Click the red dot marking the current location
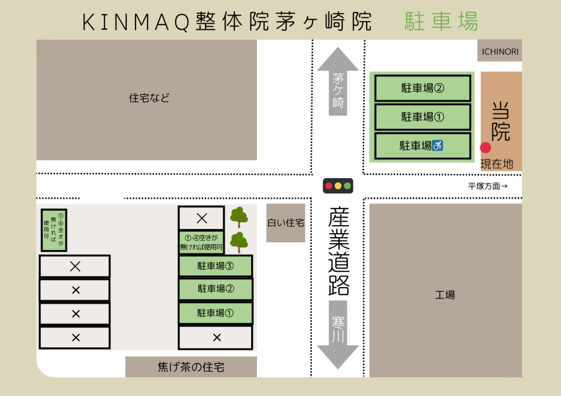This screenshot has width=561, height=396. (485, 148)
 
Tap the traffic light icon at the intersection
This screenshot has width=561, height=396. (338, 185)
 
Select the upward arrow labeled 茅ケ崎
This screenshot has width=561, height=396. (338, 82)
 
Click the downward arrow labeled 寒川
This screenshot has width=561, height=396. (338, 333)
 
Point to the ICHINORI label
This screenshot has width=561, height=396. (500, 51)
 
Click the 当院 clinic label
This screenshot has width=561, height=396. (501, 121)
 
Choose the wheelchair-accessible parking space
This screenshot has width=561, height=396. (422, 146)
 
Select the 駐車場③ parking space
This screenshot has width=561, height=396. (215, 267)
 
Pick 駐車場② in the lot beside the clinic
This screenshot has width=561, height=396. (422, 88)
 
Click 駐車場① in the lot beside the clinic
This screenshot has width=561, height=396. (422, 117)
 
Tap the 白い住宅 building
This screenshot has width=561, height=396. (285, 223)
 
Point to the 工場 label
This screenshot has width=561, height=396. (445, 295)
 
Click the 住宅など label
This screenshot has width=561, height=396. (149, 98)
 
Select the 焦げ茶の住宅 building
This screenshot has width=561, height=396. (191, 367)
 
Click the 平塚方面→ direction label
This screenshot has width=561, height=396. (488, 186)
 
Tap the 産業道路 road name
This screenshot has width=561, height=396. (338, 251)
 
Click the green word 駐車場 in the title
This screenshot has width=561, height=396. (441, 22)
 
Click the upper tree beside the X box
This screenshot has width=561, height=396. (239, 216)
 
